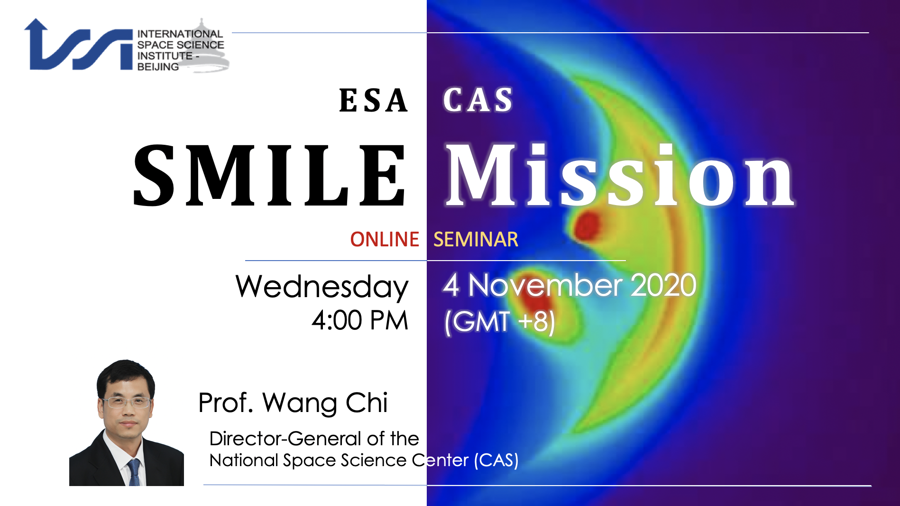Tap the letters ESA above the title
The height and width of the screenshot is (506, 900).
coord(373,100)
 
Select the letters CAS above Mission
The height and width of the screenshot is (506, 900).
coord(478,100)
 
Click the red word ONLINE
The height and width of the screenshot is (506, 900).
coord(385,239)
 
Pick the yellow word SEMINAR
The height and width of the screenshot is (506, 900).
coord(476,239)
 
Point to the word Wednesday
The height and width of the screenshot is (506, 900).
coord(321,287)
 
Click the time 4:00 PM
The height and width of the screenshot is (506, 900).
coord(360,320)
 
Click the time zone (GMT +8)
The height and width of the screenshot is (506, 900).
coord(499,322)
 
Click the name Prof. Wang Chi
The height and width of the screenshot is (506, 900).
coord(293,403)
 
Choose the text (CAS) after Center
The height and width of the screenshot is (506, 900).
coord(496,460)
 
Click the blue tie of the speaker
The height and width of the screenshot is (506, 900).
coord(135,472)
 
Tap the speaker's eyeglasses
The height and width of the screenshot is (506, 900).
coord(127,403)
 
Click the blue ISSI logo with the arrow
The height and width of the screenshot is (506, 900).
coord(79,45)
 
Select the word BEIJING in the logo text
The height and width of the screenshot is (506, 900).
coord(158,67)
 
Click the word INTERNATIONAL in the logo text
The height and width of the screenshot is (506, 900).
coord(180,34)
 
